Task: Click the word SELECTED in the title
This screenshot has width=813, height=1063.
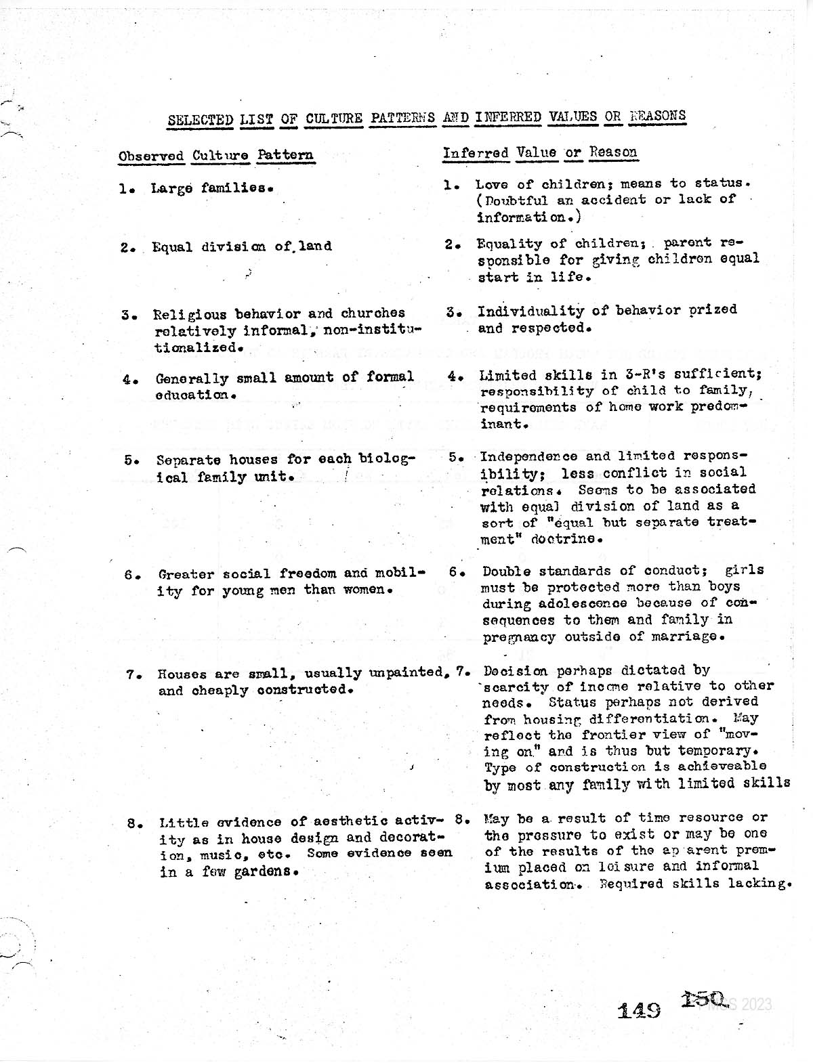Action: [x=200, y=120]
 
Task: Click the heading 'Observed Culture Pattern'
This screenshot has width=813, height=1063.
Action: [x=216, y=155]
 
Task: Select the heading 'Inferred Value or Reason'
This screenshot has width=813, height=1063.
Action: [x=540, y=152]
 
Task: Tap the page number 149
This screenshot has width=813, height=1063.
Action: [x=640, y=1010]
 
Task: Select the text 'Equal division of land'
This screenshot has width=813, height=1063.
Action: [x=242, y=246]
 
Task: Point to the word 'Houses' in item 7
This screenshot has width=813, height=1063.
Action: [x=178, y=674]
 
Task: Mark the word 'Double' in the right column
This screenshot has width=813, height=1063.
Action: [x=503, y=571]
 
